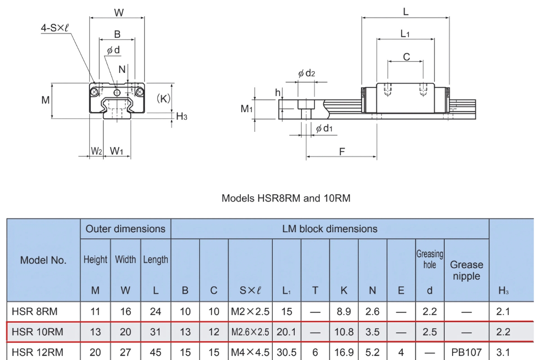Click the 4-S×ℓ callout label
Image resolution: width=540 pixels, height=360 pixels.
(55, 28)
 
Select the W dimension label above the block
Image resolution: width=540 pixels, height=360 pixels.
(118, 13)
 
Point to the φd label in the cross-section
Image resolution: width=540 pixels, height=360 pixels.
(113, 50)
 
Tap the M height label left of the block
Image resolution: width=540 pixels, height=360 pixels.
(45, 100)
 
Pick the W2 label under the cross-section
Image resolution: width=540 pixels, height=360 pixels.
(96, 151)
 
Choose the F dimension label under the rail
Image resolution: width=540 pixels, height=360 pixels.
(342, 152)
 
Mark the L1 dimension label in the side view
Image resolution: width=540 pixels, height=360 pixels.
(405, 34)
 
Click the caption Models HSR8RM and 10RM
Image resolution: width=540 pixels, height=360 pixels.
(286, 198)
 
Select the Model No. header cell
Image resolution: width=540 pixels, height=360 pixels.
(43, 260)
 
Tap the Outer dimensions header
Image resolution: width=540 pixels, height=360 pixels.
(126, 229)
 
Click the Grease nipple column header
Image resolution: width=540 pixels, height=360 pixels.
(467, 270)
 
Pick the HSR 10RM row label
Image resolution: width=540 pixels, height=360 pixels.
(37, 332)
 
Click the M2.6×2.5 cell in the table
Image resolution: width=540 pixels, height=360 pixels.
(250, 332)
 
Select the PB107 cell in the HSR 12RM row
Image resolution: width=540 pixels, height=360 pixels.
(467, 352)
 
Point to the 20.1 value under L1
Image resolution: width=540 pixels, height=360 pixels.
(286, 332)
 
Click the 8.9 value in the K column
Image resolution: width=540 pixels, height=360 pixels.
(344, 311)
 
